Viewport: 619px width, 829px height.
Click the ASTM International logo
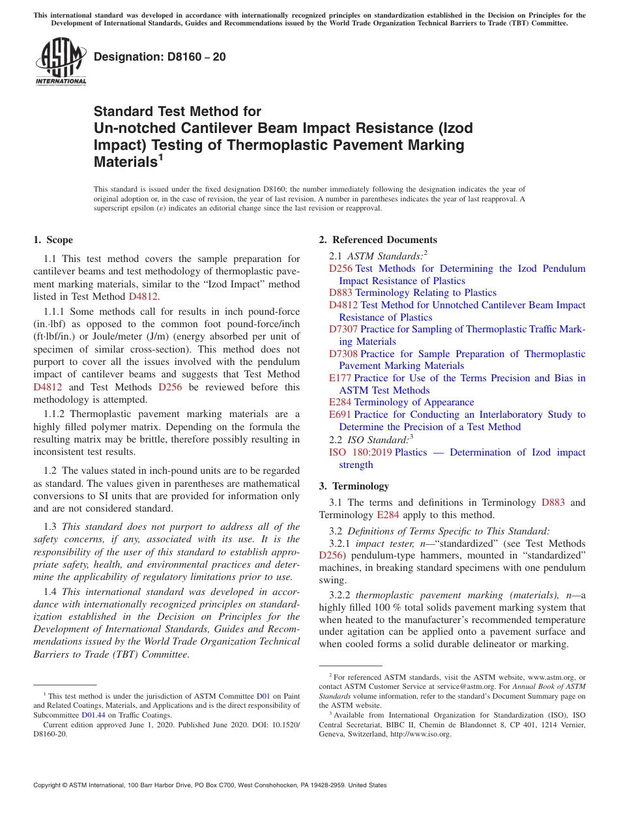(x=61, y=61)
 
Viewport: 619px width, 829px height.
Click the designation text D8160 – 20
(x=160, y=57)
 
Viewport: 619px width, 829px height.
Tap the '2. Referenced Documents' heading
(x=378, y=240)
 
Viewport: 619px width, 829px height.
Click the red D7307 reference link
(x=343, y=329)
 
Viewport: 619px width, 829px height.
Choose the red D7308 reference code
(x=343, y=354)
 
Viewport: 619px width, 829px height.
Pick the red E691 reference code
(x=340, y=415)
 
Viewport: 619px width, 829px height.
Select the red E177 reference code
(x=340, y=378)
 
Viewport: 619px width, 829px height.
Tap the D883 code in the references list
(x=340, y=293)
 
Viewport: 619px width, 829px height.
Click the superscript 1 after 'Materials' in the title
(x=160, y=157)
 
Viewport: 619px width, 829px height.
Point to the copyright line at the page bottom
(x=210, y=785)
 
